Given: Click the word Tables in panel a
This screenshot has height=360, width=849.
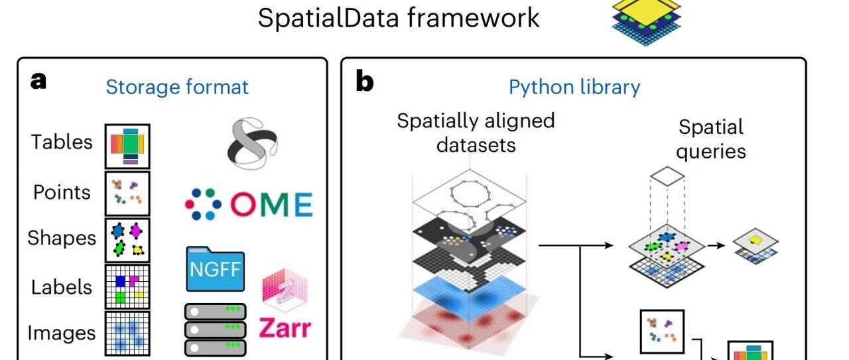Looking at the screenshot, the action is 62,142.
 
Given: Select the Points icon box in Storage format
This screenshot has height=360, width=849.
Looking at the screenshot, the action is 127,194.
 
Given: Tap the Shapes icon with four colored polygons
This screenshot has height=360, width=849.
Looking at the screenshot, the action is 127,240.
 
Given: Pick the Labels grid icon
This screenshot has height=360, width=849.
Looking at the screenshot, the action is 127,287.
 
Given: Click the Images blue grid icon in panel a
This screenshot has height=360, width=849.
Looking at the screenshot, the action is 127,333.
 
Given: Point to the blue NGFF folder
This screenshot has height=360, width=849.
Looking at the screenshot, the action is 216,269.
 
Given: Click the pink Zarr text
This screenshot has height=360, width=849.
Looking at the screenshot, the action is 285,328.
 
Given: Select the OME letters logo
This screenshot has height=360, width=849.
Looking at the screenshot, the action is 271,204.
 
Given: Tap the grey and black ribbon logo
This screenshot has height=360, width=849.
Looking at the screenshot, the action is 253,144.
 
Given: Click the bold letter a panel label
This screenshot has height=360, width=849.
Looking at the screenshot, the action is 38,81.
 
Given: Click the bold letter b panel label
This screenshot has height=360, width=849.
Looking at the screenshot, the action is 365,82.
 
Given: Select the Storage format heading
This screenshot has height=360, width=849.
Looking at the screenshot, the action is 177,87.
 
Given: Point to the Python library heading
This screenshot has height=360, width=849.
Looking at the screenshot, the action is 574,88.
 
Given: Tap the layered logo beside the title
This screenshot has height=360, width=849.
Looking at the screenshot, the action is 647,22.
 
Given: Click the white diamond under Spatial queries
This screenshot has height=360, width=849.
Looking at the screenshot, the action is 667,176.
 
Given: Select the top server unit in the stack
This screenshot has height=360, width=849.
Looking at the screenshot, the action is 216,312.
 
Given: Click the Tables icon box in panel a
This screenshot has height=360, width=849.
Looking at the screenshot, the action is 127,147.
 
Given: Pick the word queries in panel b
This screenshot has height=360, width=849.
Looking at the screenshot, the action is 710,152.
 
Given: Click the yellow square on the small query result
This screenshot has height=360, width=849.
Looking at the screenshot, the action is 755,239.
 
